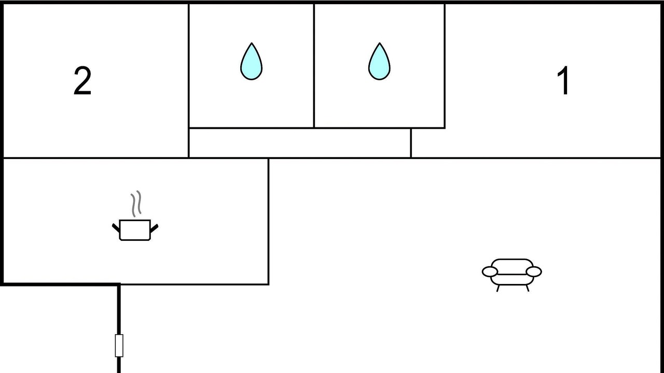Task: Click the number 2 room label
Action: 82,81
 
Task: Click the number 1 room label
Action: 563,81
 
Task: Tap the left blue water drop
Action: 251,62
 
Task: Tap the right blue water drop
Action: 379,62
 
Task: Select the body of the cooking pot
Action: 135,230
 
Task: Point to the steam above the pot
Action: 136,204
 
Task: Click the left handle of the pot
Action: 116,227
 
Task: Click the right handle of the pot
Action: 154,227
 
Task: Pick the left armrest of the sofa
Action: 489,271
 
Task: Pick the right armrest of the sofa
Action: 534,271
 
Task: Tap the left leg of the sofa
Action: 498,288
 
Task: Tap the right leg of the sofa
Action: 528,288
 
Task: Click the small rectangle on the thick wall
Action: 119,346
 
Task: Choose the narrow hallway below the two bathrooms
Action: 299,143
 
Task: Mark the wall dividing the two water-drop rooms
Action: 314,66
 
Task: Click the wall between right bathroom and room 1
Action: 445,66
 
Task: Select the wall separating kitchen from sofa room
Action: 268,221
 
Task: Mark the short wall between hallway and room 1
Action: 411,143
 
